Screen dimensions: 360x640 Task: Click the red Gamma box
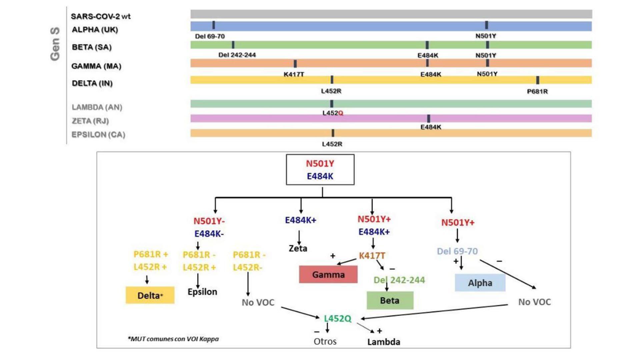[328, 274]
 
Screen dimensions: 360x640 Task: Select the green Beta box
[390, 300]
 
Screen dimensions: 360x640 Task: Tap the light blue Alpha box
[480, 283]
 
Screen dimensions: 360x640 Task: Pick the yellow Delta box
[150, 295]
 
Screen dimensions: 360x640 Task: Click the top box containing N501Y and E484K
[320, 170]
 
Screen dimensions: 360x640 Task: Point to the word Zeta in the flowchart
[298, 248]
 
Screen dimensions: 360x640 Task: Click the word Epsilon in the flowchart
[202, 292]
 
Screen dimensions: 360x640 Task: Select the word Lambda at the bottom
[384, 342]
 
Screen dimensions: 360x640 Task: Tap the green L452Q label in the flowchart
[337, 318]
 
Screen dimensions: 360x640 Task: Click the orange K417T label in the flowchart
[372, 256]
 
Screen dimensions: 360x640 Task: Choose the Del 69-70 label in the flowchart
[457, 251]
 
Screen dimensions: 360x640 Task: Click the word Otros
[325, 341]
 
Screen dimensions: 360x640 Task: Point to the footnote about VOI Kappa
[173, 339]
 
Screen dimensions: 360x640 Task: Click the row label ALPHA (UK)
[95, 30]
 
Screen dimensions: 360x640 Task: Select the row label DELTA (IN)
[92, 83]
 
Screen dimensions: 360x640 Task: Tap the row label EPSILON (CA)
[98, 135]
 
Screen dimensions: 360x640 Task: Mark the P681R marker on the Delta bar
[537, 80]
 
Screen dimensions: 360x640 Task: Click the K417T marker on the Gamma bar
[295, 63]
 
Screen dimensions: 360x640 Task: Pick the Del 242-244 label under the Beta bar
[237, 55]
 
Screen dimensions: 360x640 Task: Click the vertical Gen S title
[55, 44]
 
